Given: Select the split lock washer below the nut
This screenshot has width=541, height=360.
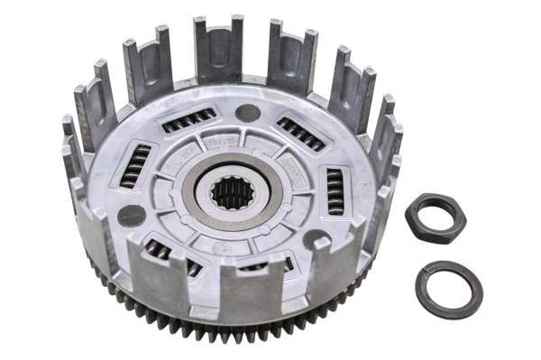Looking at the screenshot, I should point(448,289).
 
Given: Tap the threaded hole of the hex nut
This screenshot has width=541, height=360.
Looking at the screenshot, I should point(435,217).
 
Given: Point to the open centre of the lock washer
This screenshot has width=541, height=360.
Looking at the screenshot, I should point(448,289).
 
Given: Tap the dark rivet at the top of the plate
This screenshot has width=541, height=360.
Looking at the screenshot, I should point(248,114).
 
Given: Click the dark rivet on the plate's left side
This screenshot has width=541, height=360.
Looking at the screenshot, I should point(133,216).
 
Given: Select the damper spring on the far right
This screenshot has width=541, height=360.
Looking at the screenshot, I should point(335,190).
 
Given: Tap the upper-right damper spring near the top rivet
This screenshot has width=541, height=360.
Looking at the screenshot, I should point(300,134).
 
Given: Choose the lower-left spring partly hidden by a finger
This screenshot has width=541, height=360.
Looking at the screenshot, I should point(159,251).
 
